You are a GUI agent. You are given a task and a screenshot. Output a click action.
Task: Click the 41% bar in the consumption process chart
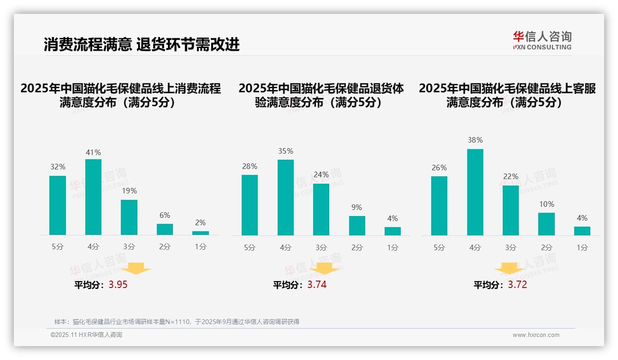[93, 197]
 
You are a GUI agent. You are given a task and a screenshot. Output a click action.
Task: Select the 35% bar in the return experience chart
[285, 198]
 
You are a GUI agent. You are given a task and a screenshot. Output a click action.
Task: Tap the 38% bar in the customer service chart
[475, 192]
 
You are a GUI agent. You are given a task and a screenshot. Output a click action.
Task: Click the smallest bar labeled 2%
[201, 233]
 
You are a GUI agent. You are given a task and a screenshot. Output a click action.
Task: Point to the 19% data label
[129, 191]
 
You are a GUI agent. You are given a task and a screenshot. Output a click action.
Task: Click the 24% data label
[321, 174]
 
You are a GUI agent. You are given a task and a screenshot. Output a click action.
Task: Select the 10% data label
[547, 204]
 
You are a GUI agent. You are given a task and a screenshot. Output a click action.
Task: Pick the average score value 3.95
[118, 285]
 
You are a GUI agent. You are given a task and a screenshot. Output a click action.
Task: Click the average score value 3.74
[317, 285]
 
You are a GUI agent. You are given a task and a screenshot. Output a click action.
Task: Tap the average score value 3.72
[517, 285]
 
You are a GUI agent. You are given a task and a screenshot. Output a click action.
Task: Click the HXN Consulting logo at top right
[542, 40]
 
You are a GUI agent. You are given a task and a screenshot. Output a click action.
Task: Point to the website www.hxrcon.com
[536, 335]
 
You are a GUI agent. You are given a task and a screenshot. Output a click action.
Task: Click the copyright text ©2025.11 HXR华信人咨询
[86, 335]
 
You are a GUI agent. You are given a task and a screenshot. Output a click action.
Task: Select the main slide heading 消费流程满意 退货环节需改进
[142, 45]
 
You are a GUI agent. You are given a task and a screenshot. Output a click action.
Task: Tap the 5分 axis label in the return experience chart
[250, 247]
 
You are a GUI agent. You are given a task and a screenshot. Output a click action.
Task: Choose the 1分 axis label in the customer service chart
[582, 247]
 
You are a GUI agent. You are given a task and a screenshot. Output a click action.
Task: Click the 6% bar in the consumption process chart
[165, 229]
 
